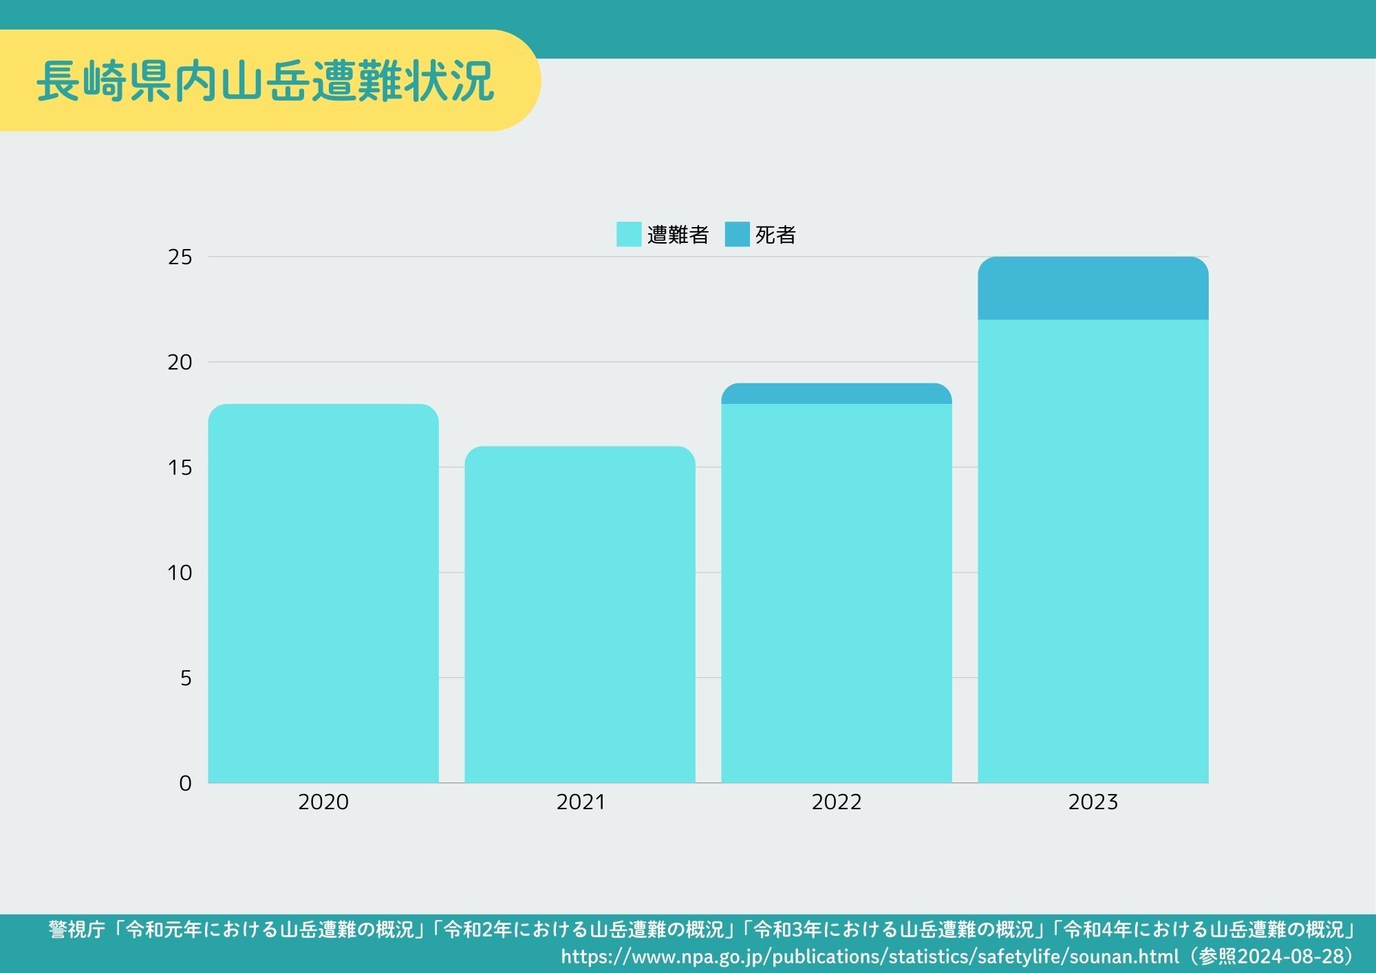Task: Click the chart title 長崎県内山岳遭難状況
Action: pos(265,81)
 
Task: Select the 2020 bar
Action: pos(323,593)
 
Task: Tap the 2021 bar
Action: pos(580,614)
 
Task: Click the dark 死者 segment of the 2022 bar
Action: pos(837,394)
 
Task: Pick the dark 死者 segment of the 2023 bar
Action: pos(1093,288)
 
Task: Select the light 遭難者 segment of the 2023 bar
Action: pos(1093,550)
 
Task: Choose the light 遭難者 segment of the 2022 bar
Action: pos(837,593)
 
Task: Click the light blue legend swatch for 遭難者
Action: pos(629,235)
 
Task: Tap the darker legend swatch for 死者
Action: pos(737,235)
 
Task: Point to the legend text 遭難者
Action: pos(678,235)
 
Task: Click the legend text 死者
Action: pos(775,235)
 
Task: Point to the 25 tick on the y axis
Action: pos(180,257)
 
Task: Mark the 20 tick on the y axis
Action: pos(180,363)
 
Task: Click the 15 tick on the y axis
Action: pos(180,468)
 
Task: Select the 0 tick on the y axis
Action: pos(185,783)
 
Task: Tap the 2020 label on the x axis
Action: pos(323,802)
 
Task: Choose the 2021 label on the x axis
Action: pos(580,802)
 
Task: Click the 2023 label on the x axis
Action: pos(1093,802)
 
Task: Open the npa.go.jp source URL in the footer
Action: pos(870,956)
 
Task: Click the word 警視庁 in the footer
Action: pos(76,930)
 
